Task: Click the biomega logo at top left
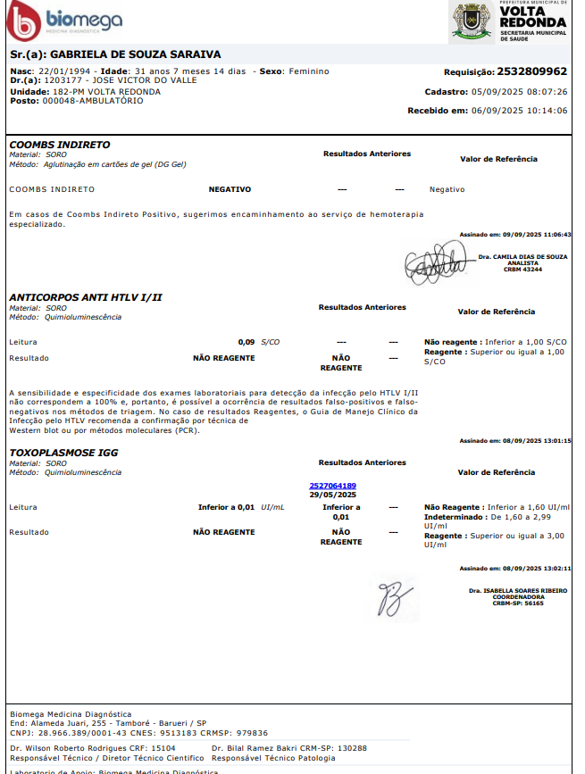click(63, 21)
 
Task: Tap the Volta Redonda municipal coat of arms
click(472, 21)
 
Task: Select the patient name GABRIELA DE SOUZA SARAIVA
click(135, 54)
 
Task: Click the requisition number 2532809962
click(531, 71)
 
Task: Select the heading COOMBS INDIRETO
click(60, 145)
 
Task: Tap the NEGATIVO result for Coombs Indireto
click(230, 189)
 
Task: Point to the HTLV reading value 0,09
click(247, 342)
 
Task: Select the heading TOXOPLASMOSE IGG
click(63, 453)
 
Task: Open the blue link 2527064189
click(332, 486)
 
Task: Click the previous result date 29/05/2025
click(332, 495)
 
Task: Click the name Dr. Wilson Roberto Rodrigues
click(69, 747)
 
